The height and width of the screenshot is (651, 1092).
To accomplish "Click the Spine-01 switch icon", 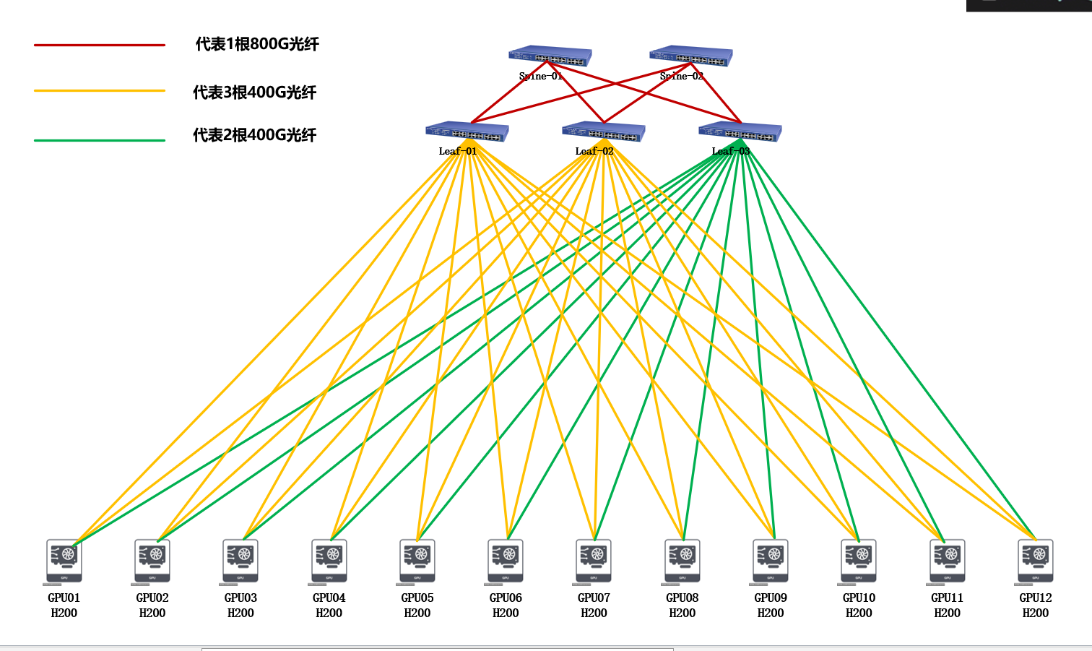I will pyautogui.click(x=550, y=56).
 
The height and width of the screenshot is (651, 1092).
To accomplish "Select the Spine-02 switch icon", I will pyautogui.click(x=691, y=56).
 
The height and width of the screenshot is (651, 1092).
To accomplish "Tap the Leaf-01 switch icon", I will pyautogui.click(x=467, y=132).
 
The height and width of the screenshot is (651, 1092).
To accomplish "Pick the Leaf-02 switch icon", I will pyautogui.click(x=604, y=132).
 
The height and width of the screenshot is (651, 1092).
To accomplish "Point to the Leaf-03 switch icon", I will pyautogui.click(x=740, y=132).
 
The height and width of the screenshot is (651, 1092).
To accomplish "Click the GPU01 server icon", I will pyautogui.click(x=64, y=561).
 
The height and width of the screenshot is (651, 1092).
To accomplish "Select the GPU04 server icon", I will pyautogui.click(x=329, y=561).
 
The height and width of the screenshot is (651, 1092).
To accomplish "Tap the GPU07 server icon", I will pyautogui.click(x=594, y=561).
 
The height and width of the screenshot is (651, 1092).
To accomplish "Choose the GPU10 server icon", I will pyautogui.click(x=859, y=561).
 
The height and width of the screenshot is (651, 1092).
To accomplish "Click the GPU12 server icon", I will pyautogui.click(x=1035, y=561).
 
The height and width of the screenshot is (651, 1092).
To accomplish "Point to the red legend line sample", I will pyautogui.click(x=100, y=45).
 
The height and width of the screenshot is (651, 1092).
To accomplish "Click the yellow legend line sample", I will pyautogui.click(x=100, y=91).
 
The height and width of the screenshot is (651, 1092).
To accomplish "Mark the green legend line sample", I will pyautogui.click(x=100, y=140).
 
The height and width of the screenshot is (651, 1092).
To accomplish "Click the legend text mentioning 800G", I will pyautogui.click(x=257, y=44).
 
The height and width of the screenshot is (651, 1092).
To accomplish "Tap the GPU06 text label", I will pyautogui.click(x=506, y=598).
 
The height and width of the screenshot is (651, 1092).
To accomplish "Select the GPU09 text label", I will pyautogui.click(x=771, y=598).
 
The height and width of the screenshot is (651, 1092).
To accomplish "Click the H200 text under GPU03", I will pyautogui.click(x=240, y=613).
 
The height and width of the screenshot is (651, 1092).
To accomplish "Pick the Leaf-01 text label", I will pyautogui.click(x=458, y=151).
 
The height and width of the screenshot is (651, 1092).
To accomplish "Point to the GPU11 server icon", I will pyautogui.click(x=947, y=561).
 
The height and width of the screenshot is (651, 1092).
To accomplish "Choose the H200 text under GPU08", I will pyautogui.click(x=682, y=613).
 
